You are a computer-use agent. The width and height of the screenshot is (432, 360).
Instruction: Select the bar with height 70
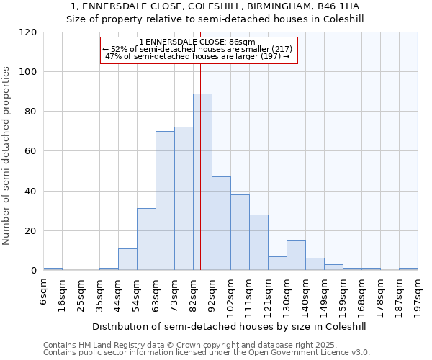165,201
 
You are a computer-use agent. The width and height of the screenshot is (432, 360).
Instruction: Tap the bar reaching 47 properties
221,223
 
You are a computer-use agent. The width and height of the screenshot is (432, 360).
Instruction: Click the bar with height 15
296,256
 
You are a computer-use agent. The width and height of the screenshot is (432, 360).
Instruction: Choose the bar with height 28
258,243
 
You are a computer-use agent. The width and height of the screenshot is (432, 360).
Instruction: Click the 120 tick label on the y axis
28,32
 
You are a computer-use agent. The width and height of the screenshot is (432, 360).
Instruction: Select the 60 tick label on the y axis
31,152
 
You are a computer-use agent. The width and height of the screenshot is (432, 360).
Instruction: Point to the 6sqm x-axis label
43,291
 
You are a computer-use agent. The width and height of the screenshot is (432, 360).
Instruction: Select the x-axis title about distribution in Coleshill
229,326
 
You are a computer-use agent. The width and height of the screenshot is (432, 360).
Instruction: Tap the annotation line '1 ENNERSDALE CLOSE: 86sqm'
197,42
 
